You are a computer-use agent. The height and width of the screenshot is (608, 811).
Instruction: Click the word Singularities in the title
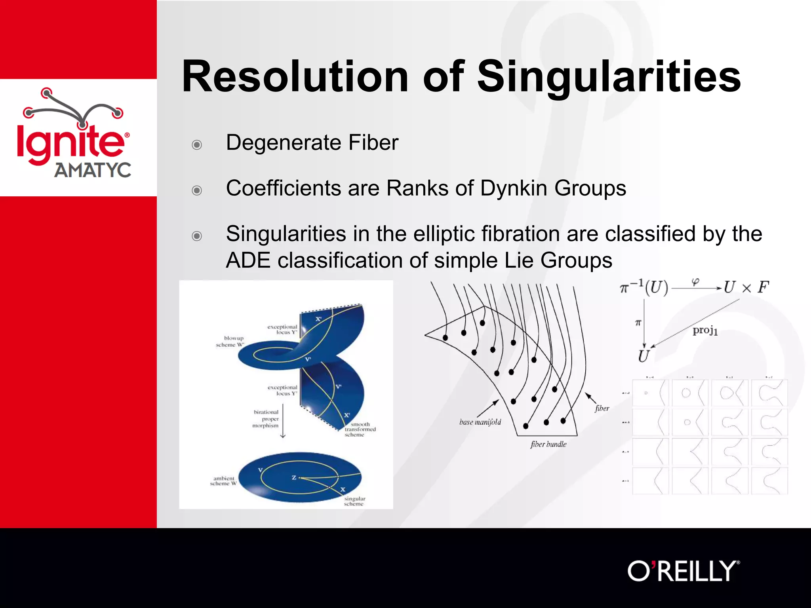pos(609,77)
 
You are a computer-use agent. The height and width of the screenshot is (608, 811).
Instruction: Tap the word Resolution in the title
pos(295,77)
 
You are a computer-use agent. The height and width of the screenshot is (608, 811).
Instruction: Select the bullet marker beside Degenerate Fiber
pos(197,144)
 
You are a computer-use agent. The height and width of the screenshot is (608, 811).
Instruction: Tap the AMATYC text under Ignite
pos(93,170)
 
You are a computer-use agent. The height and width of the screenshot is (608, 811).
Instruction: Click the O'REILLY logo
pos(683,571)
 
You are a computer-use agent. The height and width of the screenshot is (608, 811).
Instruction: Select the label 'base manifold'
pos(480,422)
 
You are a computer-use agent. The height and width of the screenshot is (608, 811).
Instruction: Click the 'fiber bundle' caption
pos(548,444)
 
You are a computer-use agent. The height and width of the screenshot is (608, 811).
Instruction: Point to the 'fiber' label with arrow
pos(602,408)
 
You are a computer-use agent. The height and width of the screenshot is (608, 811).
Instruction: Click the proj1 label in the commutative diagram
pos(705,330)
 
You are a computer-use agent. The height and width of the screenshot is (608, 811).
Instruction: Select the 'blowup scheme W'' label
pos(230,341)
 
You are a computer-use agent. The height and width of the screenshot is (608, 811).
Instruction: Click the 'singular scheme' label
pos(354,501)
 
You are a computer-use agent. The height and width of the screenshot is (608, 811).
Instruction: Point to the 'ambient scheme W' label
pos(223,481)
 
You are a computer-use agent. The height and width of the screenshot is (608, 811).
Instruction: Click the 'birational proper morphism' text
pos(266,419)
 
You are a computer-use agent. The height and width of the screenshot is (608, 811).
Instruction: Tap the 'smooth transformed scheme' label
pos(360,429)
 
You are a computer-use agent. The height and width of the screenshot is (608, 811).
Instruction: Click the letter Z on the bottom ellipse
pos(294,478)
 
